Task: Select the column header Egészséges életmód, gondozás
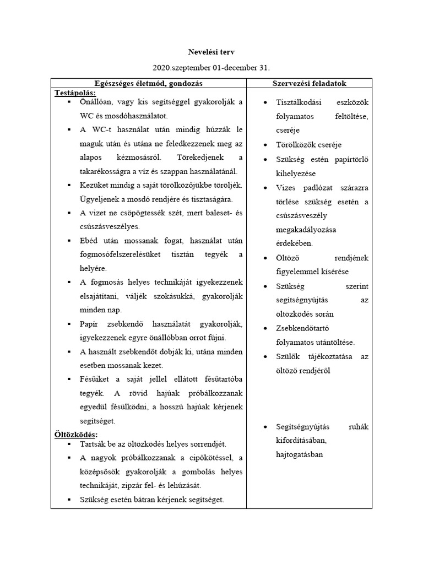[148, 83]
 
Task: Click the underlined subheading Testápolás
[75, 92]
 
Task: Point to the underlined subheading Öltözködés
[75, 435]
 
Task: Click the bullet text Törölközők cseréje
[309, 145]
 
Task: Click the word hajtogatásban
[300, 454]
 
